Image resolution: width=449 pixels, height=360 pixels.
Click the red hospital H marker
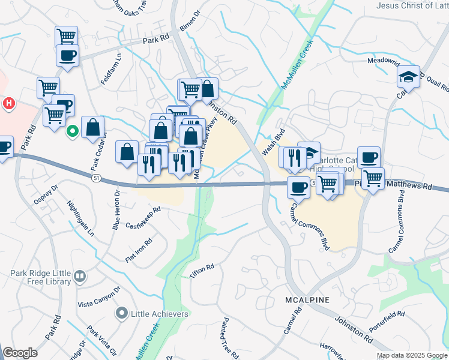(x=9, y=104)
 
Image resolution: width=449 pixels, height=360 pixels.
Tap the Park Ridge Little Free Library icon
(x=80, y=277)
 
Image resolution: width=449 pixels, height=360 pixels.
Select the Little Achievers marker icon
(x=122, y=313)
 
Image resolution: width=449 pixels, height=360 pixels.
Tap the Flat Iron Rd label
(x=139, y=250)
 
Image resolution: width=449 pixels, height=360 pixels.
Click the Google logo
(x=20, y=353)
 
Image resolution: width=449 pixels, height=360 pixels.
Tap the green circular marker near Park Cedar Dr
(x=72, y=130)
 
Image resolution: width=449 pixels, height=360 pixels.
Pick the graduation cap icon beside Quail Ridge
(x=408, y=76)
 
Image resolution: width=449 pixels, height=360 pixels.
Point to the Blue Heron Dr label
(x=116, y=211)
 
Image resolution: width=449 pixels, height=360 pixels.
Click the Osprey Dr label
(x=46, y=196)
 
